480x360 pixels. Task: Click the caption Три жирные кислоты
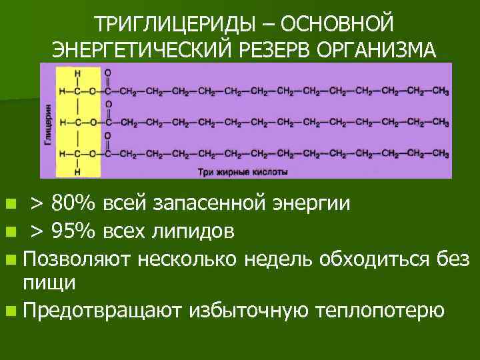click(243, 171)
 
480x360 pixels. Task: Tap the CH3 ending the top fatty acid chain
click(439, 91)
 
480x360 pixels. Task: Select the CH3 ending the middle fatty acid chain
click(439, 123)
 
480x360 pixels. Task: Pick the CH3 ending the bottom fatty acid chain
click(439, 154)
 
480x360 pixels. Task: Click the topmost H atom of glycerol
click(78, 73)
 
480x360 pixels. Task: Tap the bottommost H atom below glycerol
click(78, 171)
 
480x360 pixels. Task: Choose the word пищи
click(49, 282)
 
